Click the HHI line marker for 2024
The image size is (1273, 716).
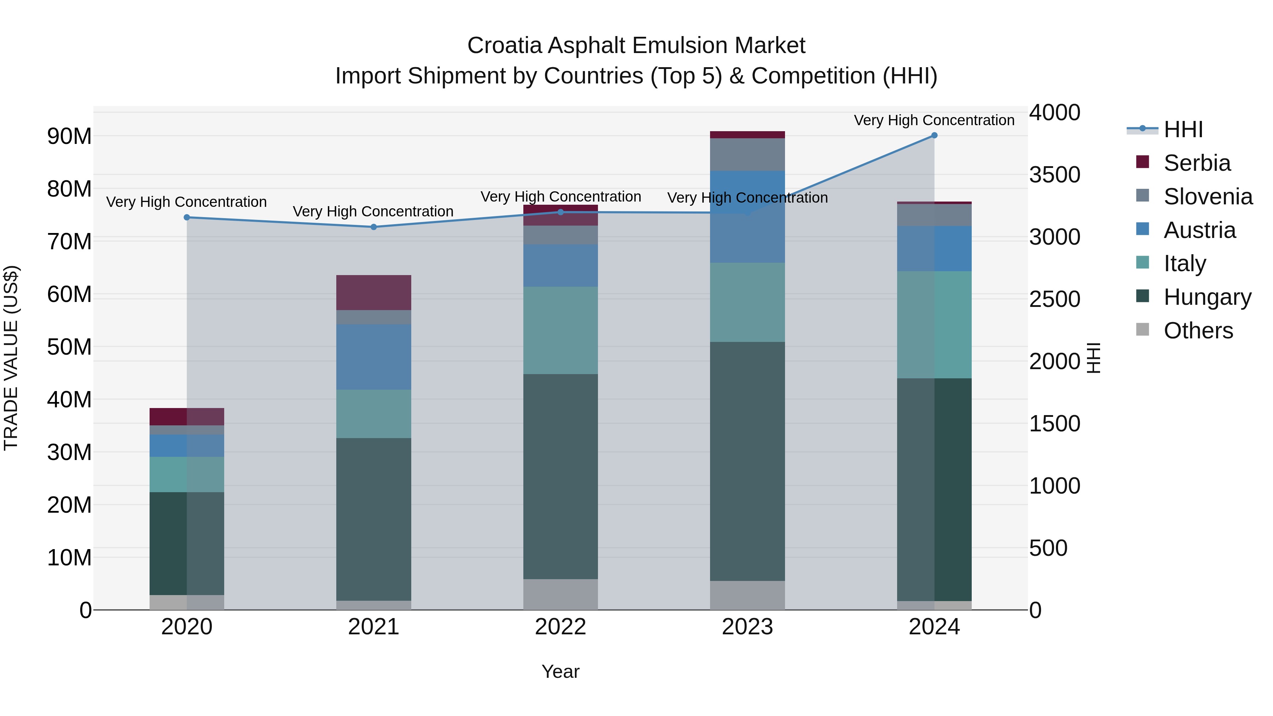tap(934, 135)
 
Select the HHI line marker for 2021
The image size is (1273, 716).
tap(374, 227)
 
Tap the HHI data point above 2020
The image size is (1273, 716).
tap(187, 217)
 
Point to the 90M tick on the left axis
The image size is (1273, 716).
tap(69, 136)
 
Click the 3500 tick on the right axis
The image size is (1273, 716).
tap(1054, 175)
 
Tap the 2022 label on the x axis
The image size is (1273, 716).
tap(560, 627)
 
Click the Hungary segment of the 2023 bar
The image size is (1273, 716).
tap(747, 461)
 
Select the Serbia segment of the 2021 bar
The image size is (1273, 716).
tap(374, 292)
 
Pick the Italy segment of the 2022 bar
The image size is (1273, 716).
tap(560, 330)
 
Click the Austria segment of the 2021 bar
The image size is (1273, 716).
tap(374, 357)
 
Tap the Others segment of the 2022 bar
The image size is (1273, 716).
tap(560, 594)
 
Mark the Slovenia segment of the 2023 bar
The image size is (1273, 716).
tap(747, 154)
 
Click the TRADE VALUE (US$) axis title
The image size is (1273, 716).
tap(11, 358)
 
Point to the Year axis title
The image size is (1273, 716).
tap(560, 671)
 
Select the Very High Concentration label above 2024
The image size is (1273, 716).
tap(934, 120)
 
